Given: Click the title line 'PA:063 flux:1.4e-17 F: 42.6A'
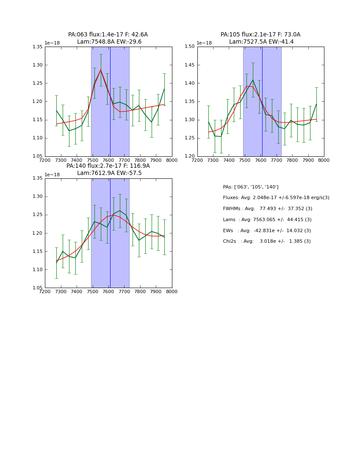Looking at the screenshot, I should (108, 35).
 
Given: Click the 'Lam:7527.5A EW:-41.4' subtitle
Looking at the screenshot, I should (261, 42).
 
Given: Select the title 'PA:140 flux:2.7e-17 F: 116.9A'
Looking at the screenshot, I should (108, 166).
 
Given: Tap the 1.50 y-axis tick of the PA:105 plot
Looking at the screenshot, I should (189, 47).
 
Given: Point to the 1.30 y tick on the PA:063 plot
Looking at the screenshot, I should (37, 65).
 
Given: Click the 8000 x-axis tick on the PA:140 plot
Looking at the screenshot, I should (172, 291).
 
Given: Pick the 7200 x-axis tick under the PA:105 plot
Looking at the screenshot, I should (197, 160).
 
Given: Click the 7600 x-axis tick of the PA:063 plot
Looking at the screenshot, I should (108, 160).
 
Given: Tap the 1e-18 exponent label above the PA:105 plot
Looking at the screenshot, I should (204, 43).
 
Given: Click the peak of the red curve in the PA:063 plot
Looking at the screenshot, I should (101, 70).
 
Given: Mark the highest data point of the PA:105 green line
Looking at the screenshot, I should (253, 80).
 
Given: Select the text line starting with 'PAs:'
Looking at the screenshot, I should (250, 187).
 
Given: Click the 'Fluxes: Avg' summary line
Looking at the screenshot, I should (276, 198).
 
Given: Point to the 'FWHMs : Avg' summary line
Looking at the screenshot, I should (267, 209).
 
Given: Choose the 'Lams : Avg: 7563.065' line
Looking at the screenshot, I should (267, 220).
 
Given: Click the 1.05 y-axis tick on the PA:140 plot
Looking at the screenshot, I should (37, 288).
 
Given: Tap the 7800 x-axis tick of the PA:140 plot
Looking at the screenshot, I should (140, 291).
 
